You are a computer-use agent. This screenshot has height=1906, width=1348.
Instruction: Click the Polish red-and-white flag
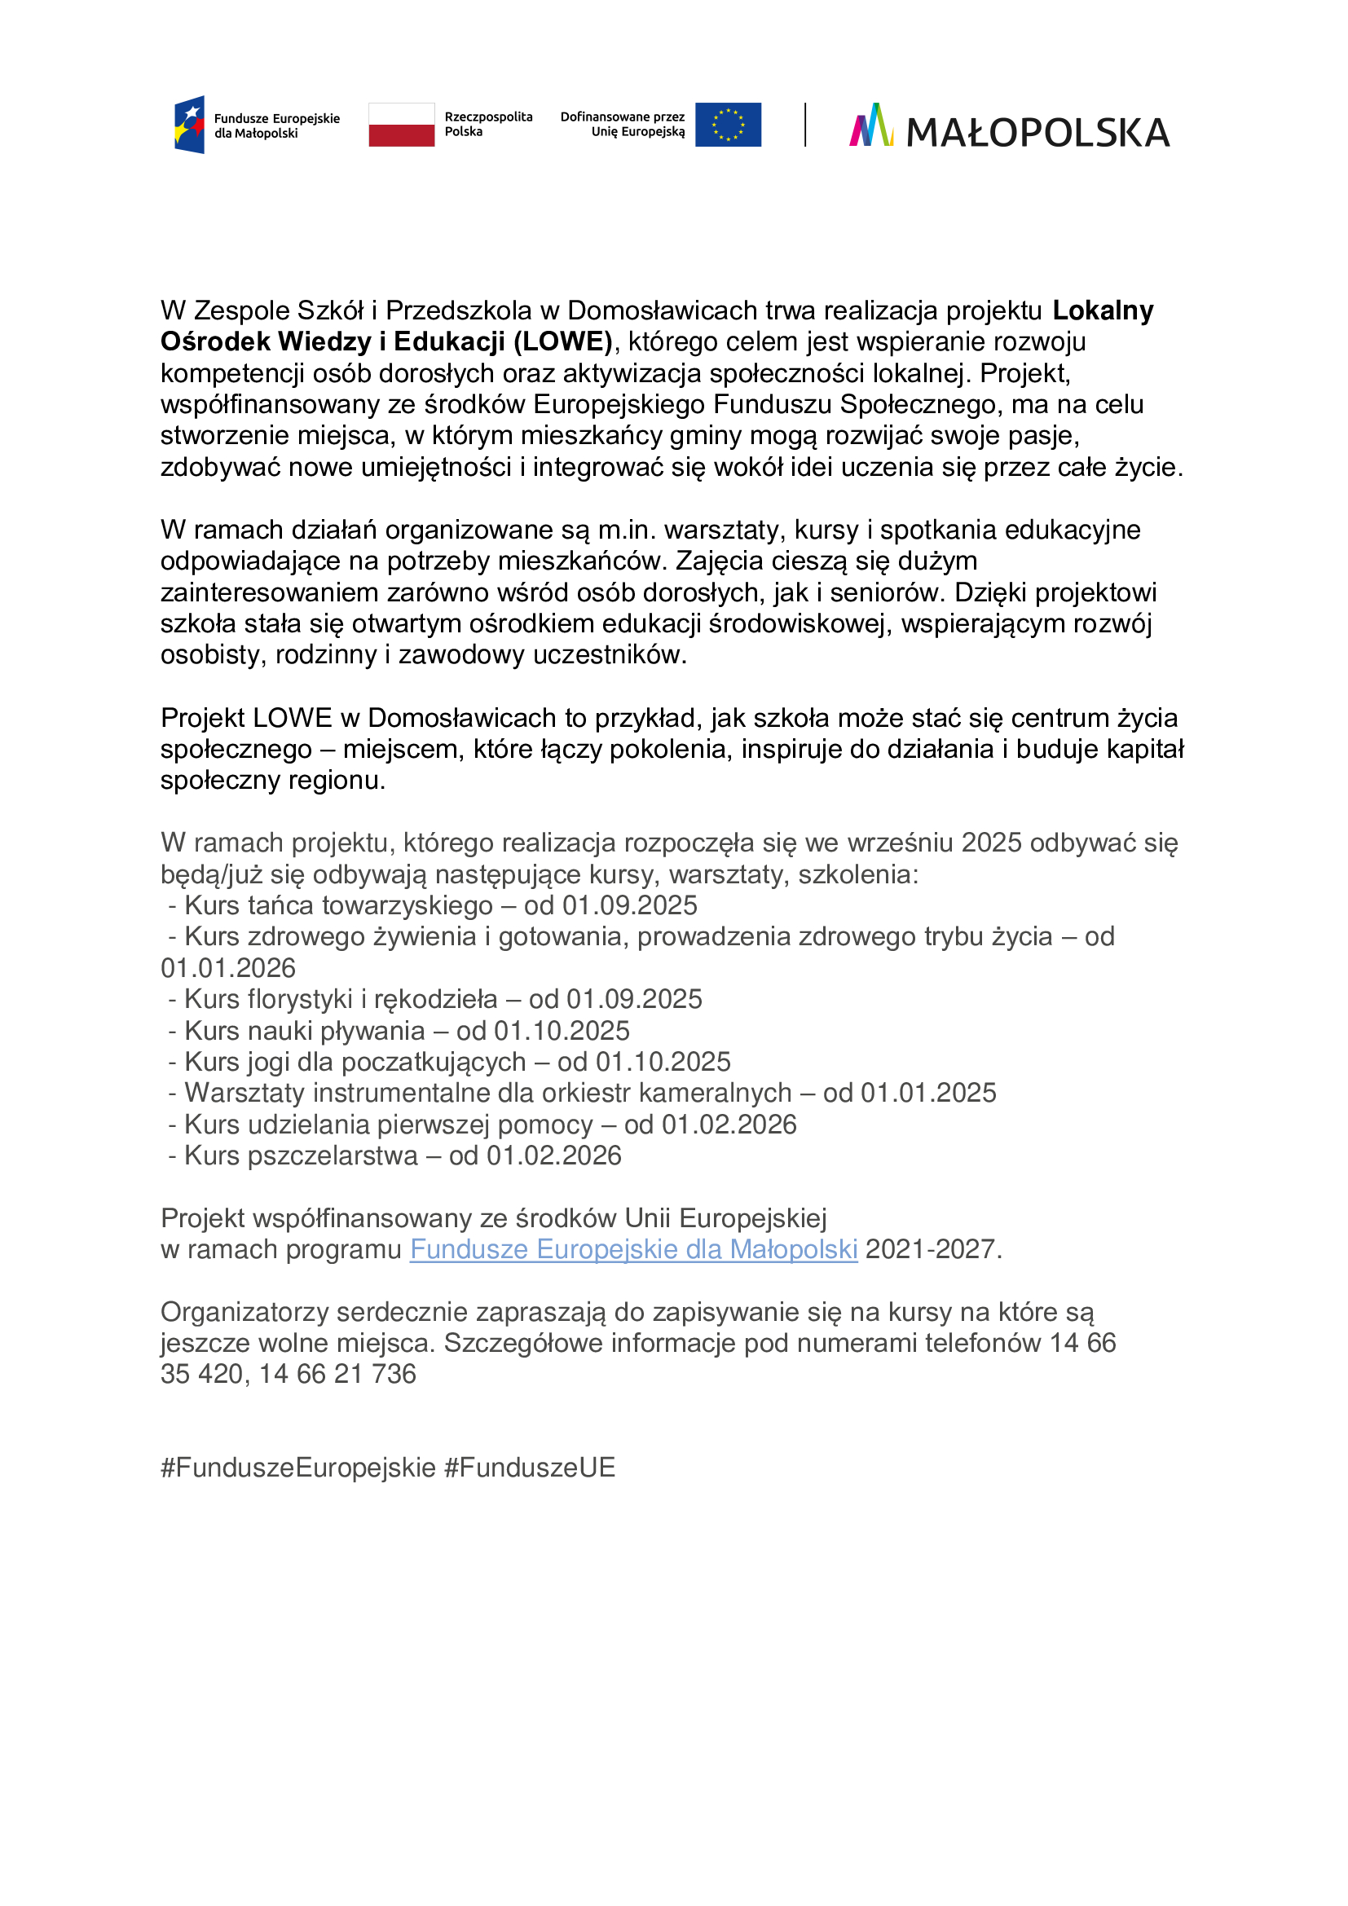401,125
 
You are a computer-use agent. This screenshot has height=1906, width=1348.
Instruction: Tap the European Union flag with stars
728,125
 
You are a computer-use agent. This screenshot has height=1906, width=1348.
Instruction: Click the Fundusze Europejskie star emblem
189,125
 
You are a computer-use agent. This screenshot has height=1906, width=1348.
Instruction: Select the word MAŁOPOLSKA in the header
1037,133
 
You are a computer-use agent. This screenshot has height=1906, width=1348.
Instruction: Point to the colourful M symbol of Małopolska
870,125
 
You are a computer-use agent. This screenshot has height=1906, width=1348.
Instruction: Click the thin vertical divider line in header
805,125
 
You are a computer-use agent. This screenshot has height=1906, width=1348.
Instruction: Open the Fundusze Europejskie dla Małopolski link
633,1249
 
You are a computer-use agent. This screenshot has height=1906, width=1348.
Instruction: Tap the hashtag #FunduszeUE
530,1468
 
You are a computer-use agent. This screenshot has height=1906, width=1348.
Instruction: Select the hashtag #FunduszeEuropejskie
298,1468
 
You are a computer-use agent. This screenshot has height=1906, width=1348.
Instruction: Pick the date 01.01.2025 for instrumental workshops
928,1093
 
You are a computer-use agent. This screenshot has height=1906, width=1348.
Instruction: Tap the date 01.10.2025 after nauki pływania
562,1030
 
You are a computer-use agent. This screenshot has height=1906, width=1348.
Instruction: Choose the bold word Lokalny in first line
1103,310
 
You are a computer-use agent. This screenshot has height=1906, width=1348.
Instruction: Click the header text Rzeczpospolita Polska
488,125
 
